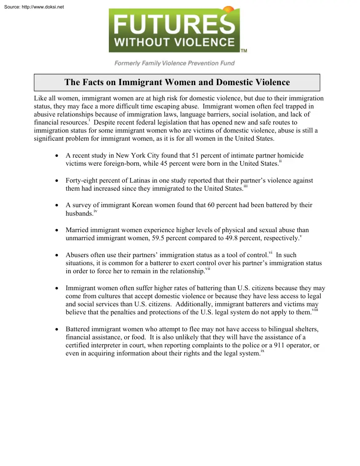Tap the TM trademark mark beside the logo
click(244, 51)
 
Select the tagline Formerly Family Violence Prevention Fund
click(174, 63)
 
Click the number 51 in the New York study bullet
click(196, 155)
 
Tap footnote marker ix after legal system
click(263, 351)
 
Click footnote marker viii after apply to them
click(315, 310)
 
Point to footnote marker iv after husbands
click(95, 211)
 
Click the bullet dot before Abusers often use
click(57, 255)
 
